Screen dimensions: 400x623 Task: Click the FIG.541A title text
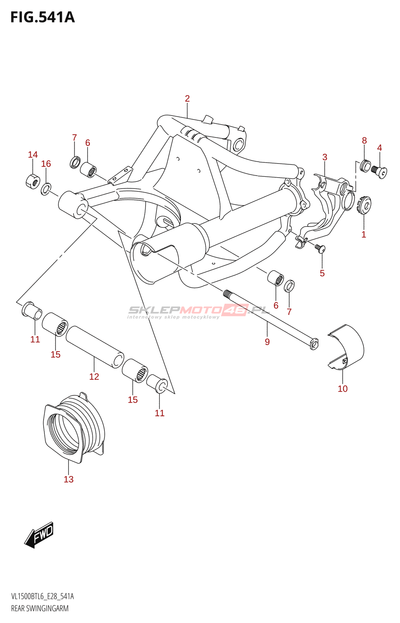(42, 17)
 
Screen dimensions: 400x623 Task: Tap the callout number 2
(187, 99)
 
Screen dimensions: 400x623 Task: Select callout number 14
(33, 155)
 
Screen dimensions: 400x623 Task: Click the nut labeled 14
(33, 181)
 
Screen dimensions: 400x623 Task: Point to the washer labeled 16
(46, 189)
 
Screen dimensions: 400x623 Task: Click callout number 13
(68, 479)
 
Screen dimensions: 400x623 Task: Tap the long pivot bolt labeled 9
(270, 319)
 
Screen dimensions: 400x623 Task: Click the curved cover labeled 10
(346, 348)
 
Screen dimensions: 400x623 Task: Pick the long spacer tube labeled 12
(95, 347)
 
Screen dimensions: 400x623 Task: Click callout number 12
(94, 377)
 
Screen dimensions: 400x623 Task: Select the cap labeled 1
(364, 206)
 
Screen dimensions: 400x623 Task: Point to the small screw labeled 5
(320, 248)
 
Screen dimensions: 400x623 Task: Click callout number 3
(325, 157)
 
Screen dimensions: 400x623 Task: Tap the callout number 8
(364, 141)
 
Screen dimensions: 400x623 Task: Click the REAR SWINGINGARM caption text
(40, 608)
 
